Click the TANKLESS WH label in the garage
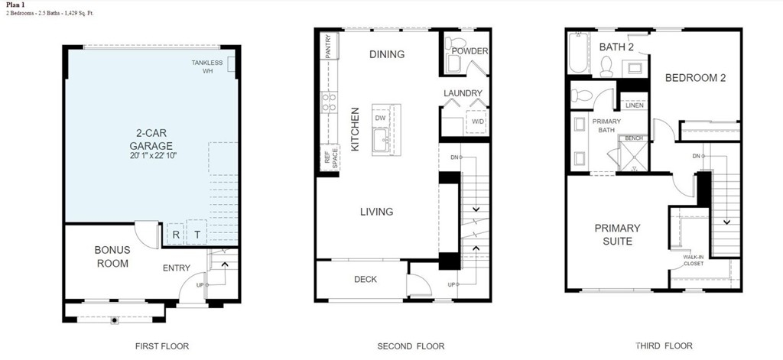click(207, 66)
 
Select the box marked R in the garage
click(176, 235)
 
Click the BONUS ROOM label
click(113, 257)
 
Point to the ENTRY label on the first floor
click(177, 268)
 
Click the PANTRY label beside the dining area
click(328, 46)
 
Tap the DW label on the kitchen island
click(381, 118)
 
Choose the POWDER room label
click(469, 51)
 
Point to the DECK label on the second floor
click(366, 279)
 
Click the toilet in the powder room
click(455, 42)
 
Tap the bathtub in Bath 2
click(580, 54)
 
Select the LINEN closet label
click(635, 105)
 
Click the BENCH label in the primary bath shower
click(634, 138)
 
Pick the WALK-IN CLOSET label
click(694, 260)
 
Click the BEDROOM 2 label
click(696, 78)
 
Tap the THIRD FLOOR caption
click(664, 345)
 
